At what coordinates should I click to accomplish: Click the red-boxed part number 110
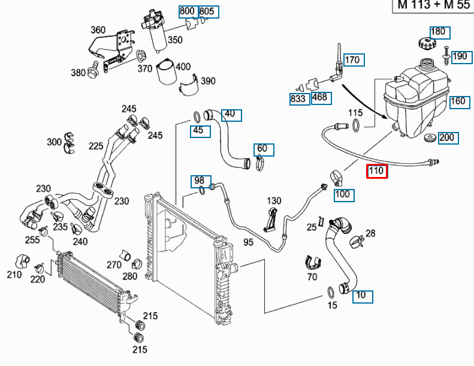coord(377,172)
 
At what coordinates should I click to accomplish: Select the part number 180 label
coord(439,32)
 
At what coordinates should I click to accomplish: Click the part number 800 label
coord(188,11)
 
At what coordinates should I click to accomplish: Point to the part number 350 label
coord(175,40)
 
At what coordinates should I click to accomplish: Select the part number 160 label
coord(458,101)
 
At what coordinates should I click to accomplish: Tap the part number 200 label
coord(447,137)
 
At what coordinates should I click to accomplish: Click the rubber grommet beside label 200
coord(430,139)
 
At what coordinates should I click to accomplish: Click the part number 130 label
coord(274,200)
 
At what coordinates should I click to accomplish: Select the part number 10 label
coord(362,295)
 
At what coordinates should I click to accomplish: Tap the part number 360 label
coord(98,30)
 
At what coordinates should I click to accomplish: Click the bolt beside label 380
coord(93,72)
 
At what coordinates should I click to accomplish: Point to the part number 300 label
coord(55,142)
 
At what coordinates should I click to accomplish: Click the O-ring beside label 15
coord(330,292)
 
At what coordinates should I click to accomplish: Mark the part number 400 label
coord(183,66)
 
